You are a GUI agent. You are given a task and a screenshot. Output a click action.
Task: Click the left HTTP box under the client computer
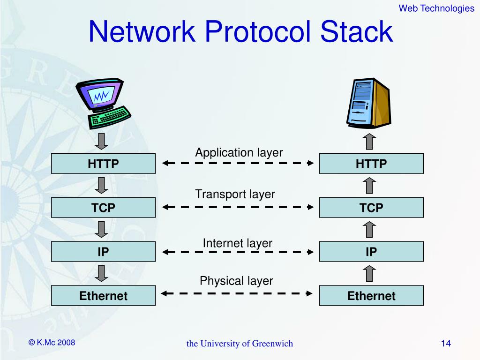pyautogui.click(x=103, y=164)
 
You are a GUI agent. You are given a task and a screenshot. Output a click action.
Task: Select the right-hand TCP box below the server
pyautogui.click(x=371, y=208)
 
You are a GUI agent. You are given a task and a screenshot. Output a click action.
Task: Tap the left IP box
pyautogui.click(x=103, y=252)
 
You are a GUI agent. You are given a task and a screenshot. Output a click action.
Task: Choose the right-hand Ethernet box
pyautogui.click(x=371, y=296)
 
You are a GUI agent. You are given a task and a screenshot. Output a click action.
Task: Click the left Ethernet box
pyautogui.click(x=103, y=296)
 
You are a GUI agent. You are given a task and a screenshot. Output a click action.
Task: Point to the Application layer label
pyautogui.click(x=239, y=152)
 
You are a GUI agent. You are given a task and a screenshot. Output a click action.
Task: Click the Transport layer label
pyautogui.click(x=235, y=194)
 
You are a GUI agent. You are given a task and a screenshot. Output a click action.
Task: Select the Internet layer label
pyautogui.click(x=237, y=243)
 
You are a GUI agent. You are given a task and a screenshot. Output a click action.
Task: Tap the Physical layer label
pyautogui.click(x=236, y=281)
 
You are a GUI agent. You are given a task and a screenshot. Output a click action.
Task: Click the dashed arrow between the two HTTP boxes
pyautogui.click(x=237, y=163)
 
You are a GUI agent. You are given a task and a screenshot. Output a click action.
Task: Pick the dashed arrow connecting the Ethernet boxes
pyautogui.click(x=237, y=293)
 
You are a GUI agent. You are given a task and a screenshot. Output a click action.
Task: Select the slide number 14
pyautogui.click(x=446, y=344)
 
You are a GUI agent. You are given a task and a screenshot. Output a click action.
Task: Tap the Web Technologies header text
pyautogui.click(x=436, y=8)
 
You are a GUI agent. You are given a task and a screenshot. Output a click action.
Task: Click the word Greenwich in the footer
pyautogui.click(x=272, y=344)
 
